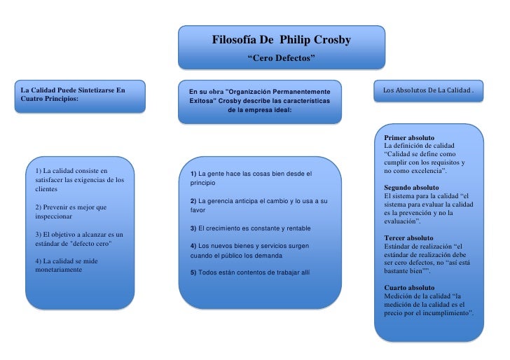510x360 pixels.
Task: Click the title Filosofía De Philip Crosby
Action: click(x=282, y=41)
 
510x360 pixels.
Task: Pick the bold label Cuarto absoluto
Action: click(x=409, y=288)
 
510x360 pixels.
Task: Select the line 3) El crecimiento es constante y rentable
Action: click(x=250, y=228)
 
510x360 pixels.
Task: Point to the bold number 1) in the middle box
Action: click(x=193, y=173)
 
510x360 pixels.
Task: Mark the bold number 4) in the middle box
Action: click(x=193, y=246)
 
